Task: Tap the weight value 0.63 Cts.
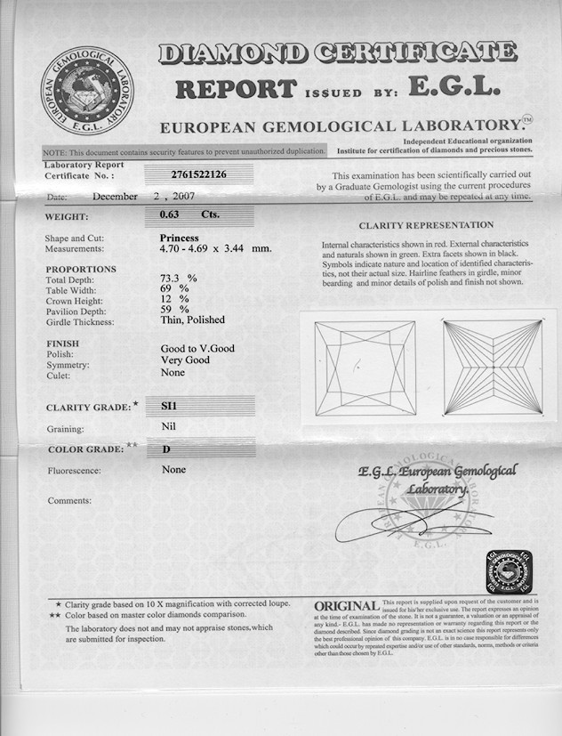click(177, 214)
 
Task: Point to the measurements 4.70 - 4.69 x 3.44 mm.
click(215, 249)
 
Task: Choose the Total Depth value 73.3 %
click(178, 279)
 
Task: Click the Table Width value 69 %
click(174, 289)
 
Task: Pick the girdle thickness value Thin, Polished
click(192, 320)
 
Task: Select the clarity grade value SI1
click(168, 405)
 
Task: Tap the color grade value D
click(166, 449)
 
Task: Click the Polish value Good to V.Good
click(197, 349)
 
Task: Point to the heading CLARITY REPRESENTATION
click(426, 225)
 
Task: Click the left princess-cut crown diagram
click(356, 368)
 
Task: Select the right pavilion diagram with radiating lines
click(492, 366)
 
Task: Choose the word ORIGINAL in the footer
click(346, 606)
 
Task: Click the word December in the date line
click(115, 197)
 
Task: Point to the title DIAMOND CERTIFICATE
click(337, 54)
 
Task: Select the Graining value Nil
click(168, 426)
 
